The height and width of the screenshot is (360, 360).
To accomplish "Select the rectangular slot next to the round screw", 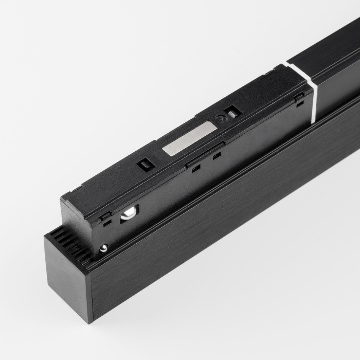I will (232, 112).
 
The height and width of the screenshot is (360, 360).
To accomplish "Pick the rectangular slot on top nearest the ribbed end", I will (144, 165).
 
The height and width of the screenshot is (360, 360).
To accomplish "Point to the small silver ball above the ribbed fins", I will (104, 248).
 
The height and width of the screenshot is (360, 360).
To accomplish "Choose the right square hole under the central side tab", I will (217, 155).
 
